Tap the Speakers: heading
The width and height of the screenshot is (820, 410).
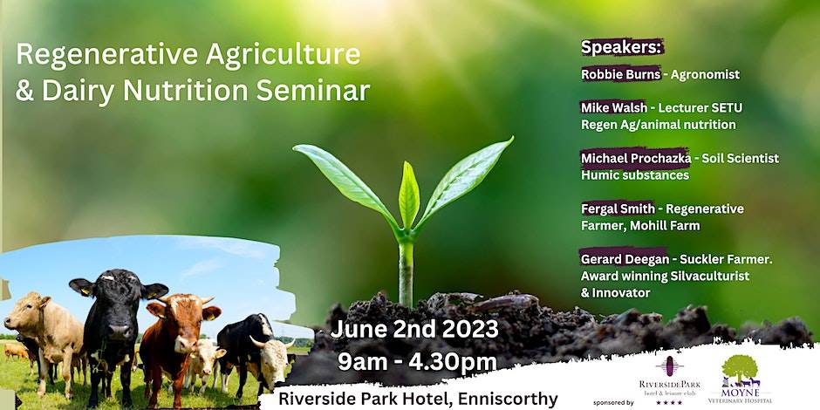(x=622, y=47)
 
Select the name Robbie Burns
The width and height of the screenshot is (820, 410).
(x=621, y=74)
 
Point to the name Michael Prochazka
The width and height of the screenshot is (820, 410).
(x=635, y=158)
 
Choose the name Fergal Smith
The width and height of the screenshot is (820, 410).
(x=618, y=208)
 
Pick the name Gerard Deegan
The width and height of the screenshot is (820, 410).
(x=623, y=259)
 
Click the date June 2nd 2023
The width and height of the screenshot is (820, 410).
(x=414, y=329)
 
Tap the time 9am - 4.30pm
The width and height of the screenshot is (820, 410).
(x=417, y=362)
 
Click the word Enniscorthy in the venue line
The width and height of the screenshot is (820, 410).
(x=508, y=399)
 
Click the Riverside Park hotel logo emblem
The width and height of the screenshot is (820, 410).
(x=669, y=366)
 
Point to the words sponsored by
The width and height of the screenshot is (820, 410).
(x=613, y=403)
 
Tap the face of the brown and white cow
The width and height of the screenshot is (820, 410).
(x=180, y=323)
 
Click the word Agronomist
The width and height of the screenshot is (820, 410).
(x=705, y=75)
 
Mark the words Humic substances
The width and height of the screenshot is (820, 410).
(x=635, y=174)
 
